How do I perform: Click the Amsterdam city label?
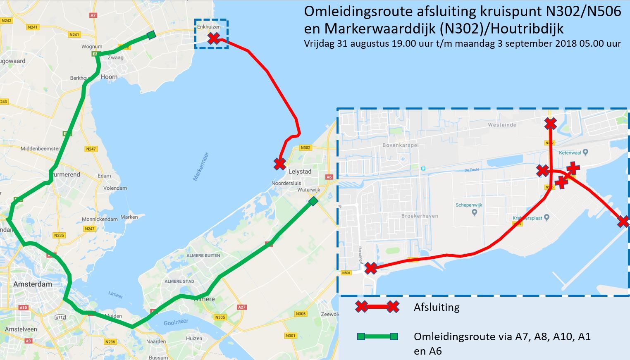[x=32, y=284]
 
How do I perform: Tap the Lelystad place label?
[x=300, y=172]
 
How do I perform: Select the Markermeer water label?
[x=201, y=167]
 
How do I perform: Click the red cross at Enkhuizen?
[x=214, y=38]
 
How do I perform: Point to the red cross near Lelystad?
[x=280, y=164]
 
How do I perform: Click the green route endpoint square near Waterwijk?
[x=313, y=201]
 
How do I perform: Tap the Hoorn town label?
[x=109, y=77]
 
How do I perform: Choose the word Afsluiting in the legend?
[x=437, y=307]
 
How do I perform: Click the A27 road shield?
[x=242, y=307]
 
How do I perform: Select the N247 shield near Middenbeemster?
[x=91, y=149]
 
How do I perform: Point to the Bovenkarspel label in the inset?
[x=401, y=145]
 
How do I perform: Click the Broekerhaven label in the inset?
[x=420, y=216]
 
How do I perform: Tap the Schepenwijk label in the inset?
[x=469, y=205]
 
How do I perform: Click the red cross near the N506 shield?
[x=371, y=268]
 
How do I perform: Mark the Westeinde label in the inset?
[x=502, y=125]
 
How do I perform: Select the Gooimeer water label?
[x=176, y=322]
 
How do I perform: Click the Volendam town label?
[x=115, y=188]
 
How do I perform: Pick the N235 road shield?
[x=59, y=235]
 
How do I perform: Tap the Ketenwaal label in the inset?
[x=570, y=153]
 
